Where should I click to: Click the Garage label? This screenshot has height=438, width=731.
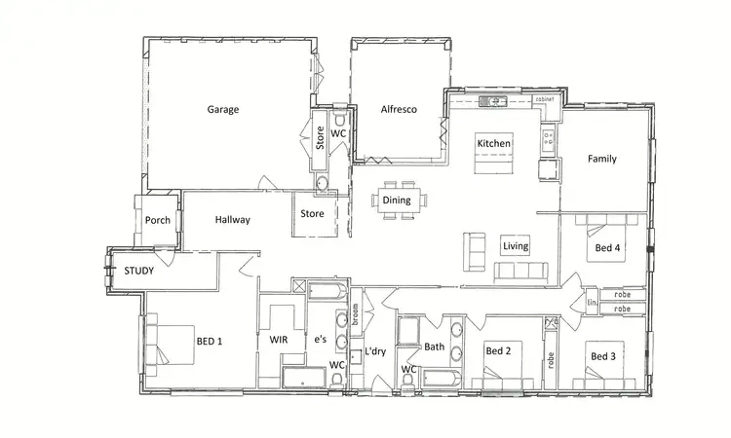coord(222,110)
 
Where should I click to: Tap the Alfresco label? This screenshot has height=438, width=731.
coord(399,110)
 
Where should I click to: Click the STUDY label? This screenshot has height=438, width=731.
coord(138,271)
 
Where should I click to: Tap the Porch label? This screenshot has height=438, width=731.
coord(158,220)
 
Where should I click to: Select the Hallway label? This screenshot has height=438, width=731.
coord(233,220)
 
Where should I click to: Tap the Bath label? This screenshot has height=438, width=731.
coord(434,347)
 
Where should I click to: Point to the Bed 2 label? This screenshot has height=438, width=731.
coord(499,350)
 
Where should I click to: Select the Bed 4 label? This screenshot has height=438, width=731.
coord(607,248)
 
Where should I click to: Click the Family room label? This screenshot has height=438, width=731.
coord(600,159)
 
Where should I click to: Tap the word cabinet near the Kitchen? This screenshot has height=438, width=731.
coord(545,99)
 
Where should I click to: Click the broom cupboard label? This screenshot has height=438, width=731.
coord(356,312)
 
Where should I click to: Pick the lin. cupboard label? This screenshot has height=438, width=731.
coord(591,303)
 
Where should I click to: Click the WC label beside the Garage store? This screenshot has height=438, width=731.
coord(338,133)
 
